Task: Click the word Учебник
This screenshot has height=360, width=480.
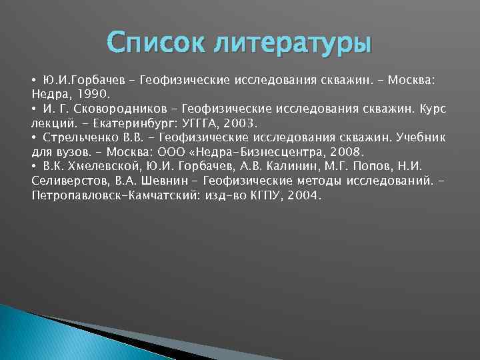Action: (x=420, y=138)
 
